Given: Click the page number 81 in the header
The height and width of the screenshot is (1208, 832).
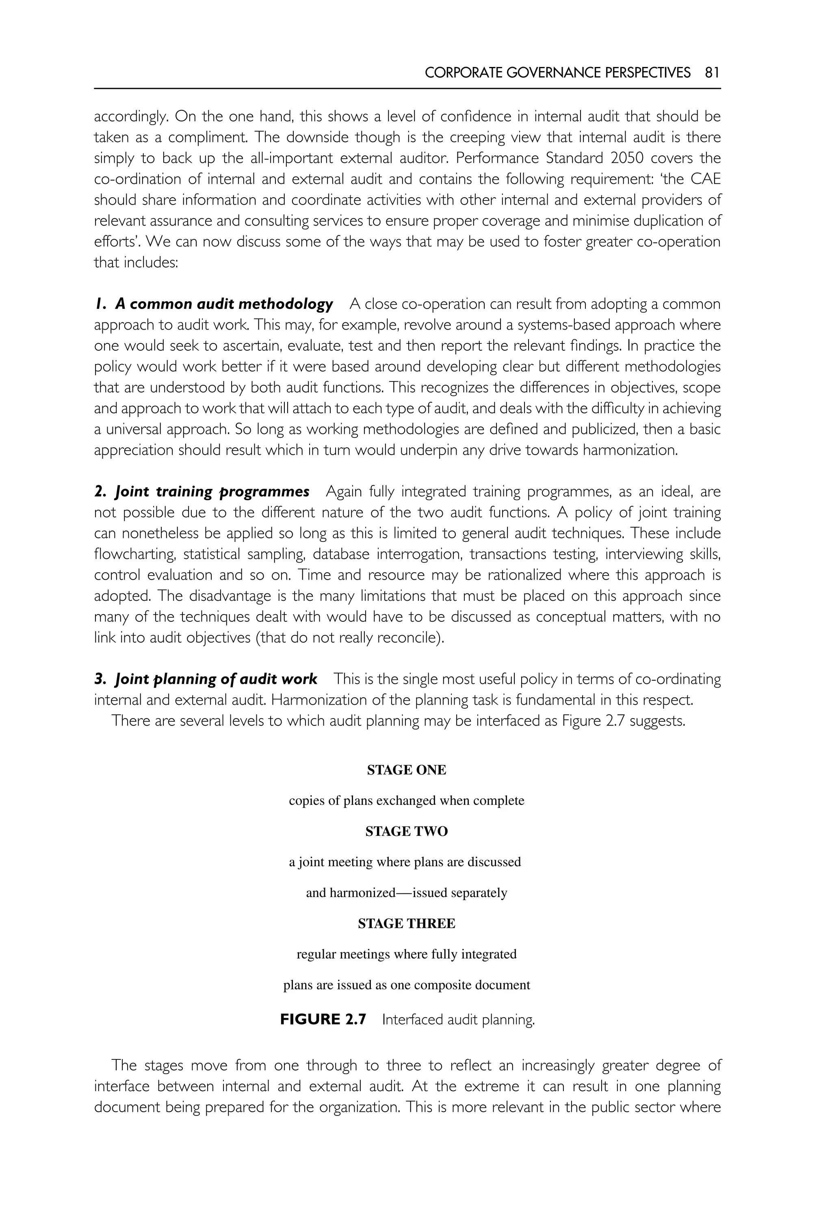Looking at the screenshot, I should pyautogui.click(x=712, y=73).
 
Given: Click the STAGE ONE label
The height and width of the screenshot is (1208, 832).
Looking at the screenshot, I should pyautogui.click(x=407, y=770).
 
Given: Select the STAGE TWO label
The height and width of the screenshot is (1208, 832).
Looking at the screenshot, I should pyautogui.click(x=407, y=831).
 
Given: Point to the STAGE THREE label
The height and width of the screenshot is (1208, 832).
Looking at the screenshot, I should pyautogui.click(x=407, y=923).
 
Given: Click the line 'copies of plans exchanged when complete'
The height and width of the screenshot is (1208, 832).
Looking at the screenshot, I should pyautogui.click(x=407, y=800).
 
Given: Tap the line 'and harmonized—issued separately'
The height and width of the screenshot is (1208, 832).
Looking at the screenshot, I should pyautogui.click(x=407, y=893).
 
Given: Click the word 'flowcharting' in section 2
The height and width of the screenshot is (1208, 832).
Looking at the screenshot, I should pyautogui.click(x=134, y=554).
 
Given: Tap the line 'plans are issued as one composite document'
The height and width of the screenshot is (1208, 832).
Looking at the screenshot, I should pyautogui.click(x=407, y=985).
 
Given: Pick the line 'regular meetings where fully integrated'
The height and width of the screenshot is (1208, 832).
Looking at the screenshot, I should pyautogui.click(x=407, y=954).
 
